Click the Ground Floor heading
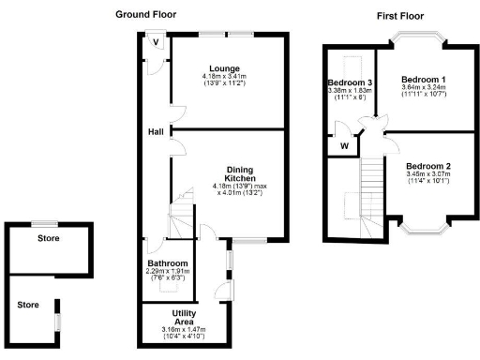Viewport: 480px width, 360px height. point(144,15)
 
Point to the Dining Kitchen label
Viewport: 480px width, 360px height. point(241,173)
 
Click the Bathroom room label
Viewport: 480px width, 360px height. point(168,263)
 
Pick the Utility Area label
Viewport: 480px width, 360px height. point(183,317)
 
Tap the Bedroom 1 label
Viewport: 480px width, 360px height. point(423,80)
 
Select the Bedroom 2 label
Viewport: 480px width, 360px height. point(428,166)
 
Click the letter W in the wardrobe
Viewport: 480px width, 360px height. point(345,145)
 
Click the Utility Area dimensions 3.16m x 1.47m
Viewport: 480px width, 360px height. point(183,329)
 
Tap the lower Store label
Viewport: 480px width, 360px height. point(29,304)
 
